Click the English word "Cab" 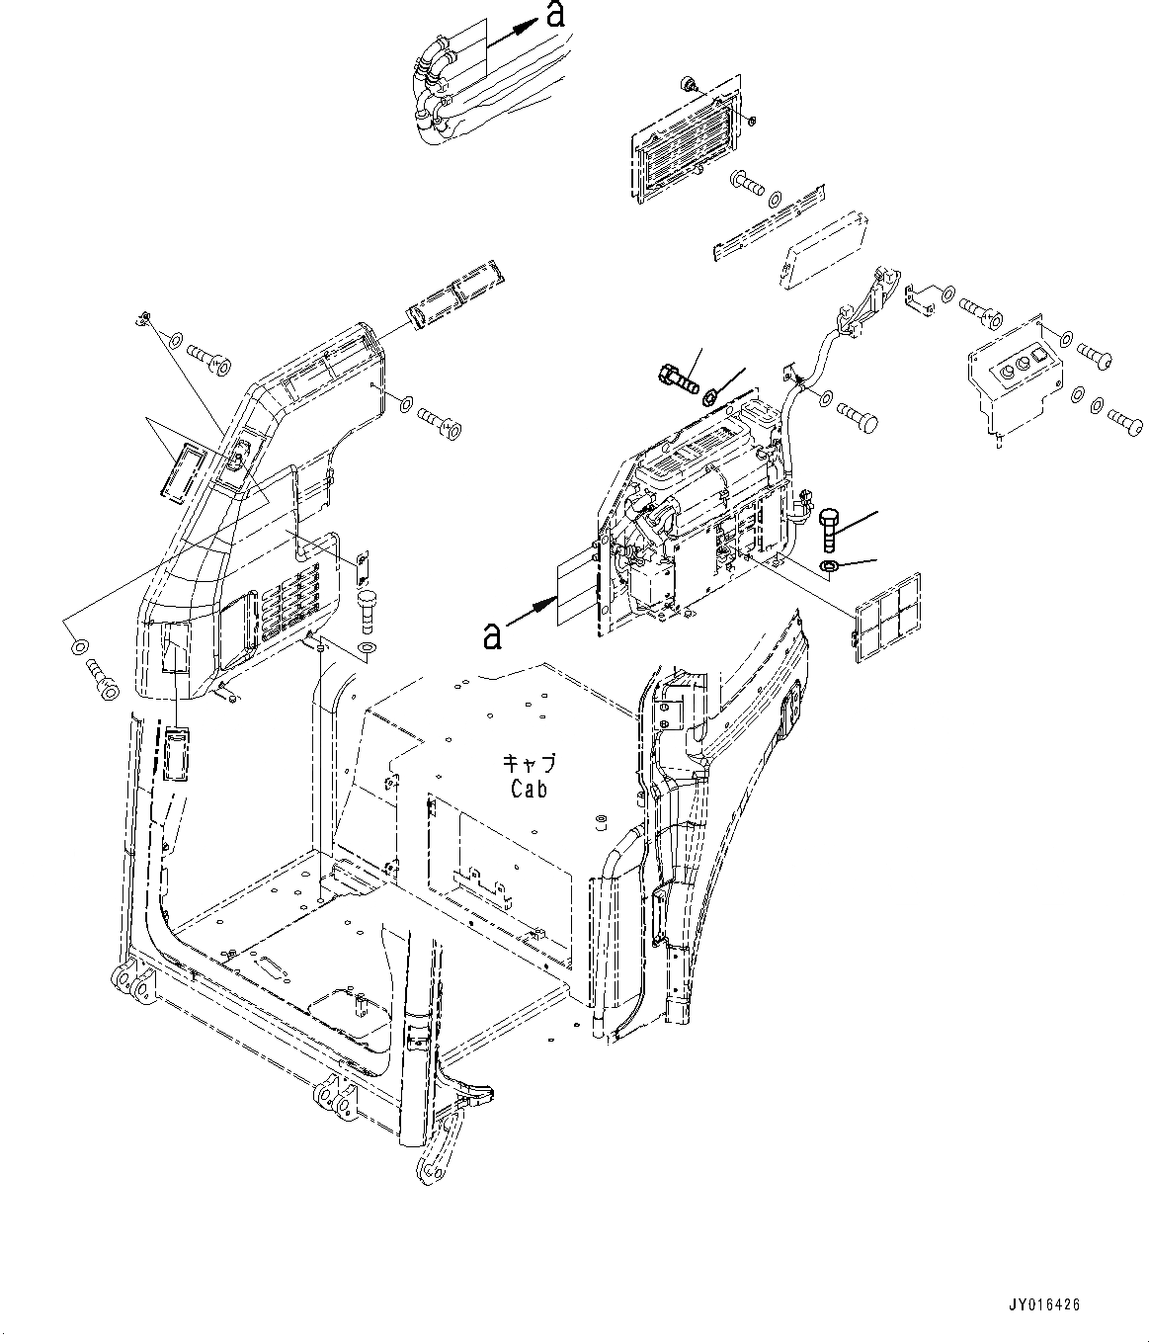529,789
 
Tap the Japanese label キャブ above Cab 529,764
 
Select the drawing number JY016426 1044,1305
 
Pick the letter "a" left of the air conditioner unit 491,635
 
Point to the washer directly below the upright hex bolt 829,566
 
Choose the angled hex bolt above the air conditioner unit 678,377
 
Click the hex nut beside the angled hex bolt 709,397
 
